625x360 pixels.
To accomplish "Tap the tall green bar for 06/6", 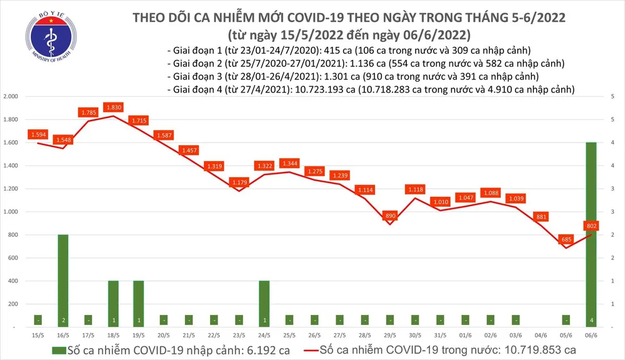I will [x=591, y=234].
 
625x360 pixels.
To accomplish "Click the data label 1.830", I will [x=114, y=107].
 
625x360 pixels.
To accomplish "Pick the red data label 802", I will [x=591, y=226].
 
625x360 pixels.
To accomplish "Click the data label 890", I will [x=389, y=215].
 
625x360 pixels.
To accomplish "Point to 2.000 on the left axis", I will [x=11, y=97].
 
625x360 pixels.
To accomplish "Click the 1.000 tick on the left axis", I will [x=11, y=212].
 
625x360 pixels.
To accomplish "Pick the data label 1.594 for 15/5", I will [x=38, y=134].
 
